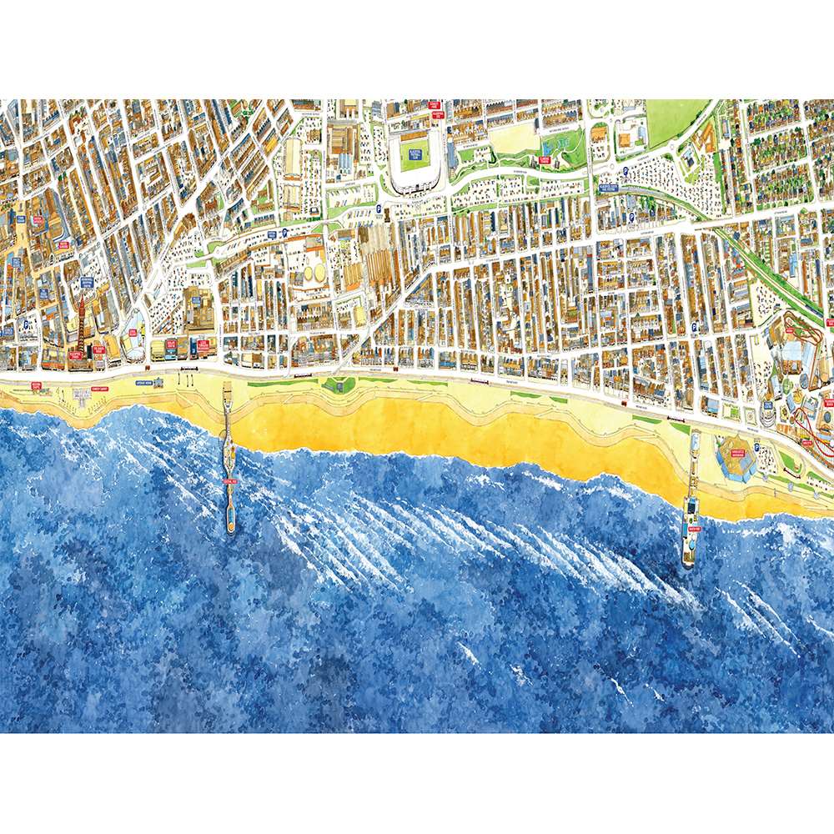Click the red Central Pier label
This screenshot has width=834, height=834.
tap(229, 480)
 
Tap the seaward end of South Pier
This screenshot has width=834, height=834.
tap(689, 563)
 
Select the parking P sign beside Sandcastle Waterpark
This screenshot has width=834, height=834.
tap(756, 449)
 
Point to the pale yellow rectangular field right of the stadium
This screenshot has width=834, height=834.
tap(514, 138)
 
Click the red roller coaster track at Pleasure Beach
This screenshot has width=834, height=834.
tap(813, 425)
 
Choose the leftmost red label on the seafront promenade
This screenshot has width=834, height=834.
tap(36, 384)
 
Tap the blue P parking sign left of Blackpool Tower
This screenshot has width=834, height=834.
tap(28, 324)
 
